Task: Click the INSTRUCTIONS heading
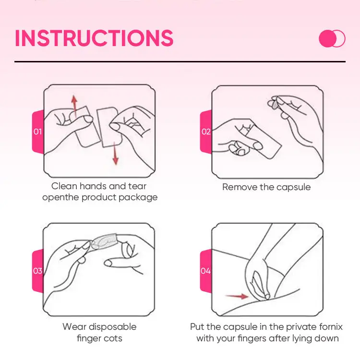pyautogui.click(x=94, y=38)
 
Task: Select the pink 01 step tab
pyautogui.click(x=38, y=132)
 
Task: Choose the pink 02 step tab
pyautogui.click(x=206, y=132)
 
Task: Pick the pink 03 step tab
pyautogui.click(x=38, y=271)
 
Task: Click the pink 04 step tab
pyautogui.click(x=206, y=271)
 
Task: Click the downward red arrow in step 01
pyautogui.click(x=115, y=153)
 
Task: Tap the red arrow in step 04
pyautogui.click(x=237, y=296)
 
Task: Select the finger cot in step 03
pyautogui.click(x=104, y=241)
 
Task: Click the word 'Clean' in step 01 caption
pyautogui.click(x=64, y=186)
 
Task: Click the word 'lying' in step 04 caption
pyautogui.click(x=302, y=339)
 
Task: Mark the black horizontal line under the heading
pyautogui.click(x=180, y=61)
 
